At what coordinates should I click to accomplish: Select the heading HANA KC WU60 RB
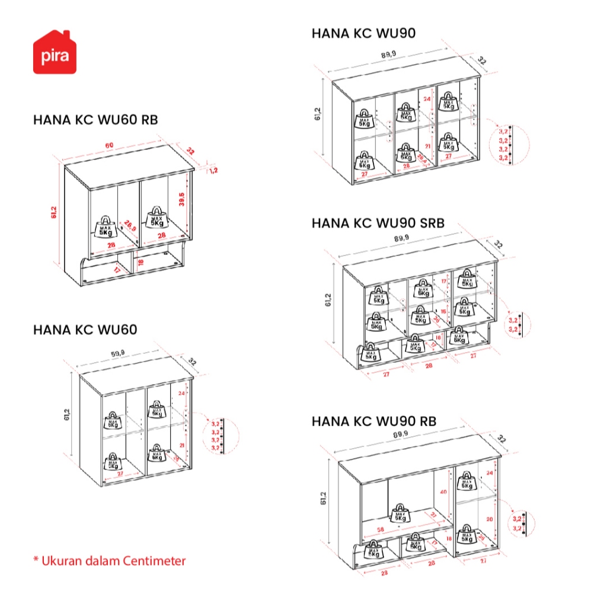95,120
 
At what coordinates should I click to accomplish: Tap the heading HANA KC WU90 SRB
378,223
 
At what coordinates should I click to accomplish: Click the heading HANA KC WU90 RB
373,421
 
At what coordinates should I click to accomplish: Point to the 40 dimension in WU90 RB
443,492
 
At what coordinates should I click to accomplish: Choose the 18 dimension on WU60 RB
140,262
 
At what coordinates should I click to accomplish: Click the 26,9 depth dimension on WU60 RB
130,225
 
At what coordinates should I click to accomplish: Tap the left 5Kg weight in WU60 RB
105,226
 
